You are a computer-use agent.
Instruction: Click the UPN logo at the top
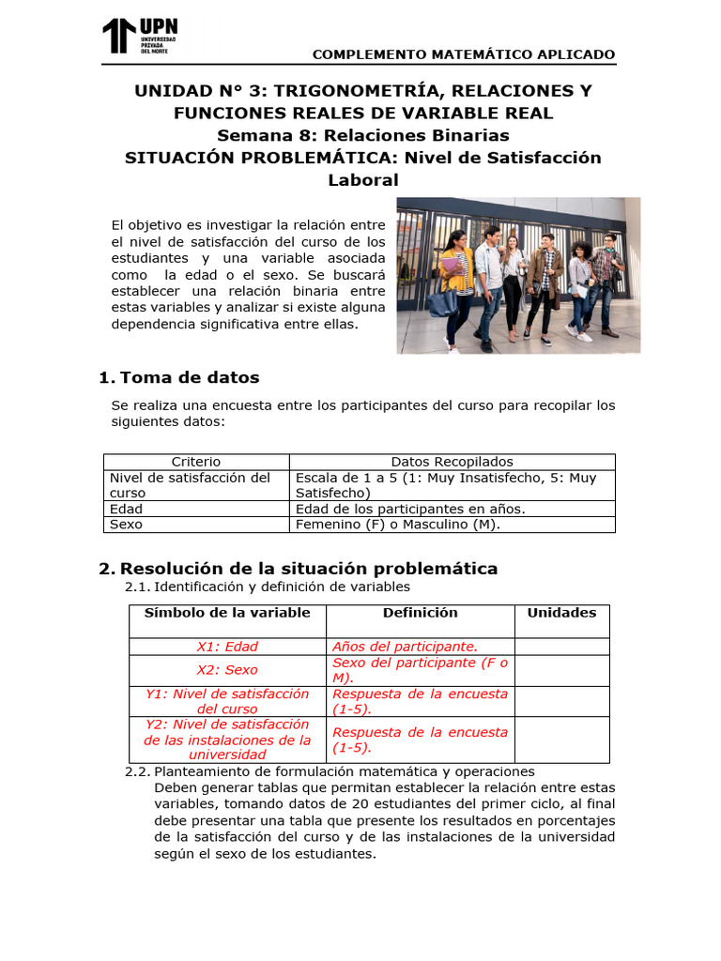(139, 36)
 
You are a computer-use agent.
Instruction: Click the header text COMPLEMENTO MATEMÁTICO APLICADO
(464, 54)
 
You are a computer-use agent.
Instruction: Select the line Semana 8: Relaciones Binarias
(363, 135)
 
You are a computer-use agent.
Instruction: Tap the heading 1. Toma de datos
(178, 377)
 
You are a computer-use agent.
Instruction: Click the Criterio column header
(196, 462)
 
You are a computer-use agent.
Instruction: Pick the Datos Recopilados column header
(452, 462)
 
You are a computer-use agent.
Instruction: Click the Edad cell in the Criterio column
(127, 509)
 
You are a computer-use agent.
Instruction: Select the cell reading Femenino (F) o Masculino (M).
(398, 525)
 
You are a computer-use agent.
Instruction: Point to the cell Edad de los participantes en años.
(410, 509)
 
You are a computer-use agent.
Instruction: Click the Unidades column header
(561, 613)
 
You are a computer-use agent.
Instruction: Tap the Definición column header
(420, 613)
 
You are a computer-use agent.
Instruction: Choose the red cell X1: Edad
(227, 647)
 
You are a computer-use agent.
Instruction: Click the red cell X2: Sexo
(227, 670)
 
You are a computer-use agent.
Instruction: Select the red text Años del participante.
(406, 647)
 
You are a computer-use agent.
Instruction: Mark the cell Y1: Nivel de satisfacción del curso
(227, 701)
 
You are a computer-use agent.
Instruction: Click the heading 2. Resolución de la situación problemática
(298, 569)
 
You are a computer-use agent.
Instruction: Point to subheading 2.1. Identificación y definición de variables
(268, 587)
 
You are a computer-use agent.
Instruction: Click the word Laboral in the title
(363, 180)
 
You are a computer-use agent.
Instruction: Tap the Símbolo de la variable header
(227, 613)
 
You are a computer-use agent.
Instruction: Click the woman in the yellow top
(454, 282)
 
